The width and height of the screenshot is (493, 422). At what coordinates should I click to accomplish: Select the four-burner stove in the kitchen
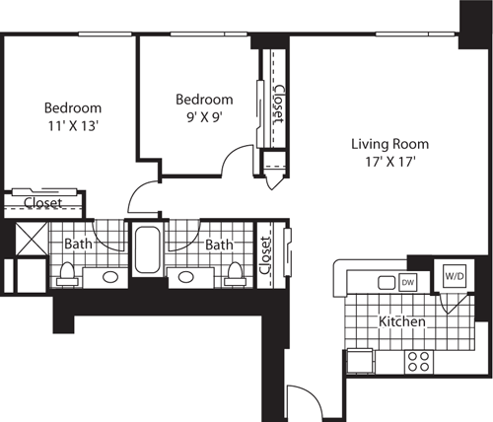(417, 361)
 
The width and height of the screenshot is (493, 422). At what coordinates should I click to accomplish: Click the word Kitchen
(402, 322)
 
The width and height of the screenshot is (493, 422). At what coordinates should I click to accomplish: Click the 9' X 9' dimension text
(204, 117)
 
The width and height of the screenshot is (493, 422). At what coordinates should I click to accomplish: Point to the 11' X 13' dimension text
(72, 125)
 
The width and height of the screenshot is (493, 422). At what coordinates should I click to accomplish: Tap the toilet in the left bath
(67, 272)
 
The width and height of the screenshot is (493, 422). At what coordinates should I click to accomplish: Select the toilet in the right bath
(235, 272)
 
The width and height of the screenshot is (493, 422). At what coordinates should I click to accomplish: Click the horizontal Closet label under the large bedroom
(42, 203)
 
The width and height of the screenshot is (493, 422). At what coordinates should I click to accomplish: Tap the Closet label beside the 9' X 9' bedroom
(278, 103)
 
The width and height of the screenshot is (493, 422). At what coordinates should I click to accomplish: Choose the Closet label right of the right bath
(265, 254)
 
